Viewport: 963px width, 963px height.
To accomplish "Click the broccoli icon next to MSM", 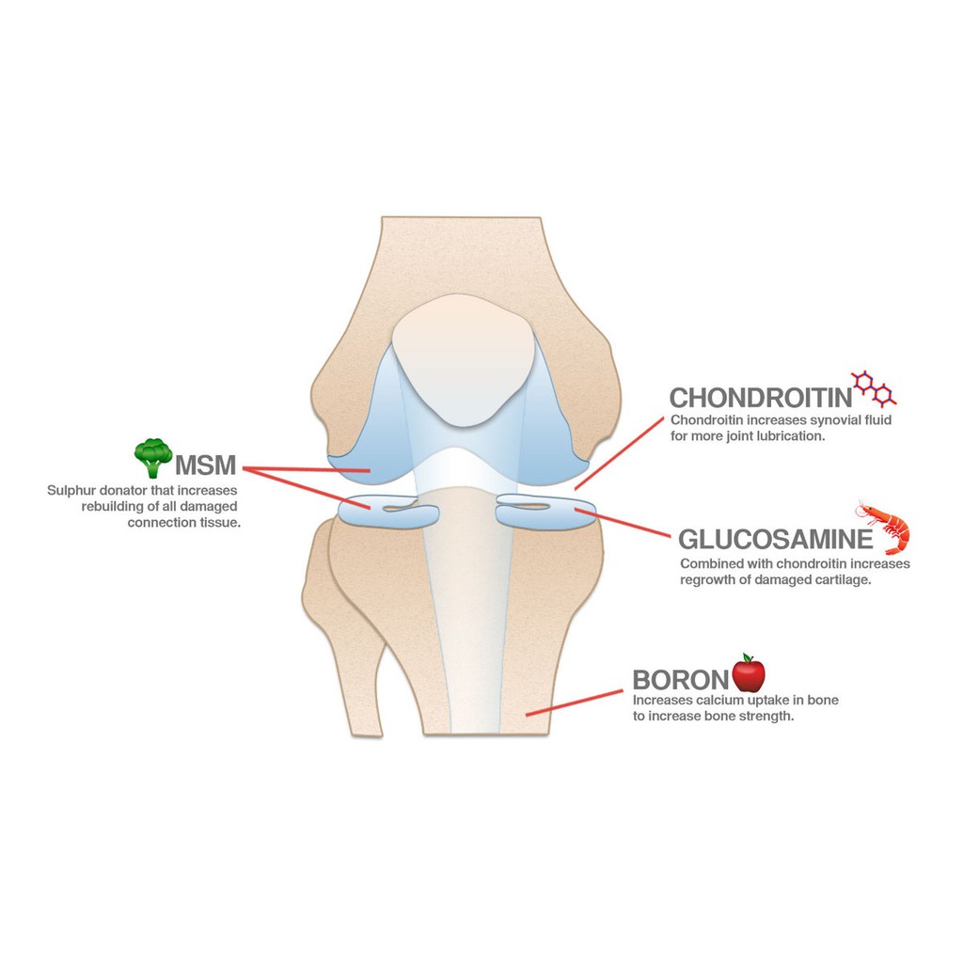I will coord(152,458).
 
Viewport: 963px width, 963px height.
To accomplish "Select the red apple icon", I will coord(749,672).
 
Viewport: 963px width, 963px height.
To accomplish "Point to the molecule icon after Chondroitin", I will coord(874,387).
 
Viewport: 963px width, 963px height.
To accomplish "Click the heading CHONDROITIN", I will coord(759,397).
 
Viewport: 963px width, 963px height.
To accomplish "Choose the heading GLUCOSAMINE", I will coord(776,540).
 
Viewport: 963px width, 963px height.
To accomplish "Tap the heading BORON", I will coord(680,680).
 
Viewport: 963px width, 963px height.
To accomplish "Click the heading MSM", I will coord(205,464).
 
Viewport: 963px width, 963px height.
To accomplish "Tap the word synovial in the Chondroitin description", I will coord(819,419).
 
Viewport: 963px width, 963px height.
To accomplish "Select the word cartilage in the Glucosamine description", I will coord(844,579).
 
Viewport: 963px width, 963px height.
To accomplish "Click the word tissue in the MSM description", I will coord(222,522).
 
